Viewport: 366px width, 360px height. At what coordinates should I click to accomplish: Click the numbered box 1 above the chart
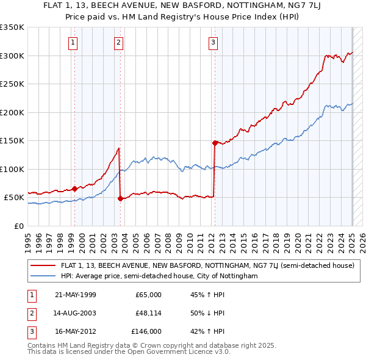tap(73, 42)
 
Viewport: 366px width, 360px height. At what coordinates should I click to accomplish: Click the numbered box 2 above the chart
tap(118, 42)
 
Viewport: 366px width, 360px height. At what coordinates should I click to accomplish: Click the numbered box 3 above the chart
tap(213, 42)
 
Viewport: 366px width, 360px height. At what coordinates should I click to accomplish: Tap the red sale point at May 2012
tap(215, 143)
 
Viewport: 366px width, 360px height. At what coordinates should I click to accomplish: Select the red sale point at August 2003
tap(120, 198)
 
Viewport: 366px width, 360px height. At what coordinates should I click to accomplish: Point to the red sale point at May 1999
tap(75, 189)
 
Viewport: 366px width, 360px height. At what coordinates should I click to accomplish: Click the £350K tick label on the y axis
tap(12, 27)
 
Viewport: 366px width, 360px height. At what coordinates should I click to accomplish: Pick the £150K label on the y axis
tap(12, 140)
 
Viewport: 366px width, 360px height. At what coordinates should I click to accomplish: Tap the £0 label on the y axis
tap(20, 226)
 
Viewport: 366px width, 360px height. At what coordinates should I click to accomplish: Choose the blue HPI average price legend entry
tap(159, 276)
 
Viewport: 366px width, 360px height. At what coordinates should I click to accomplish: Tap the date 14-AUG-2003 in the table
tap(75, 313)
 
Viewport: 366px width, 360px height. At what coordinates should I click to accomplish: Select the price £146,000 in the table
tap(147, 331)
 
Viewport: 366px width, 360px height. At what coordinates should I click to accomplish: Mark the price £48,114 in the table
tap(148, 313)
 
